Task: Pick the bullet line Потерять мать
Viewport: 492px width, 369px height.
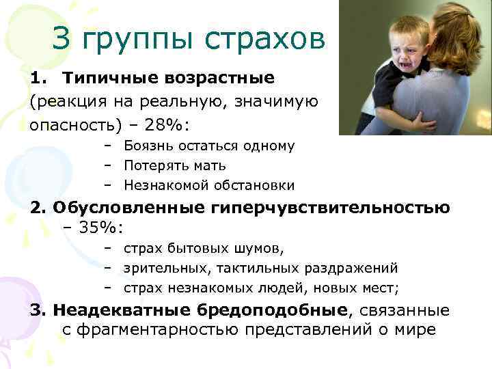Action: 174,165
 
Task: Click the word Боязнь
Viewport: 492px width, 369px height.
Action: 145,146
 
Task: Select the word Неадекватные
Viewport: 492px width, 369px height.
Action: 122,310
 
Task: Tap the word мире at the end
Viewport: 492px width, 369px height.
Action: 414,329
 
